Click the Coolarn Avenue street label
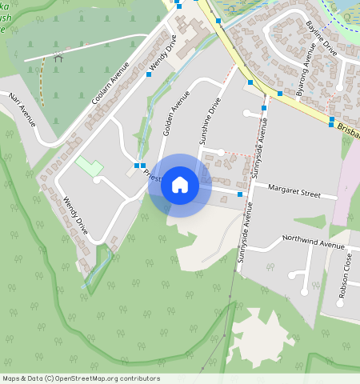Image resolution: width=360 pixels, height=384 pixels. point(110,83)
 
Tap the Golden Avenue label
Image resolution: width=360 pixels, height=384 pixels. point(177,113)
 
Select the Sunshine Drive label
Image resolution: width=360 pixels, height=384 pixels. point(210,121)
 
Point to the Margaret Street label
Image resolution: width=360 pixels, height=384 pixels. point(294,194)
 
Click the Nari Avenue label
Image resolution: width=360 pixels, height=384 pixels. point(22,110)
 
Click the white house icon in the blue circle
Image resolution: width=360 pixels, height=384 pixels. point(180,185)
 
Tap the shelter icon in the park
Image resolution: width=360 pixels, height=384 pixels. point(58,57)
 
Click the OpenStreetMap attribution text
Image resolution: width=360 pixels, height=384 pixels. point(81,378)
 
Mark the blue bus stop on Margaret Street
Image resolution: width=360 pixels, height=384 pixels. point(240,194)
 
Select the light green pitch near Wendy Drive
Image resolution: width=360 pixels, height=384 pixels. point(90,166)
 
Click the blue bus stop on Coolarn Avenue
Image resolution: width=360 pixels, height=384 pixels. point(149,74)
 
